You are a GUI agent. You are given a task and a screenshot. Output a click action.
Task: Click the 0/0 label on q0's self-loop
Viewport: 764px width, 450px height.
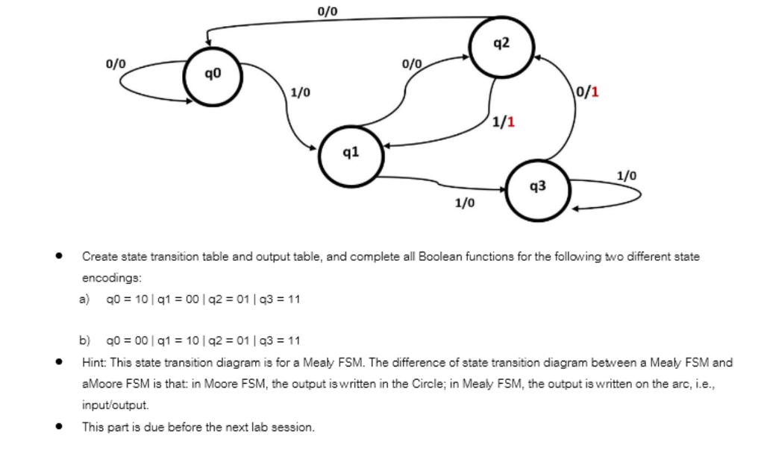[115, 65]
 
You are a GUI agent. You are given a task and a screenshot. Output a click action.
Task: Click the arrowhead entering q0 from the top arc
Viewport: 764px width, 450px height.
[207, 43]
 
